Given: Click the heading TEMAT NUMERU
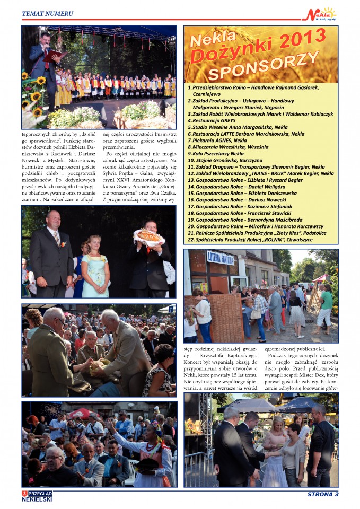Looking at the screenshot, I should [x=47, y=13].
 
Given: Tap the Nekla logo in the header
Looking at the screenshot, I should [x=319, y=14].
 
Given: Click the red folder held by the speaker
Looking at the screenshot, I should [x=54, y=55].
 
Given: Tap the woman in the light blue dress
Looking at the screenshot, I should [x=95, y=265].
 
